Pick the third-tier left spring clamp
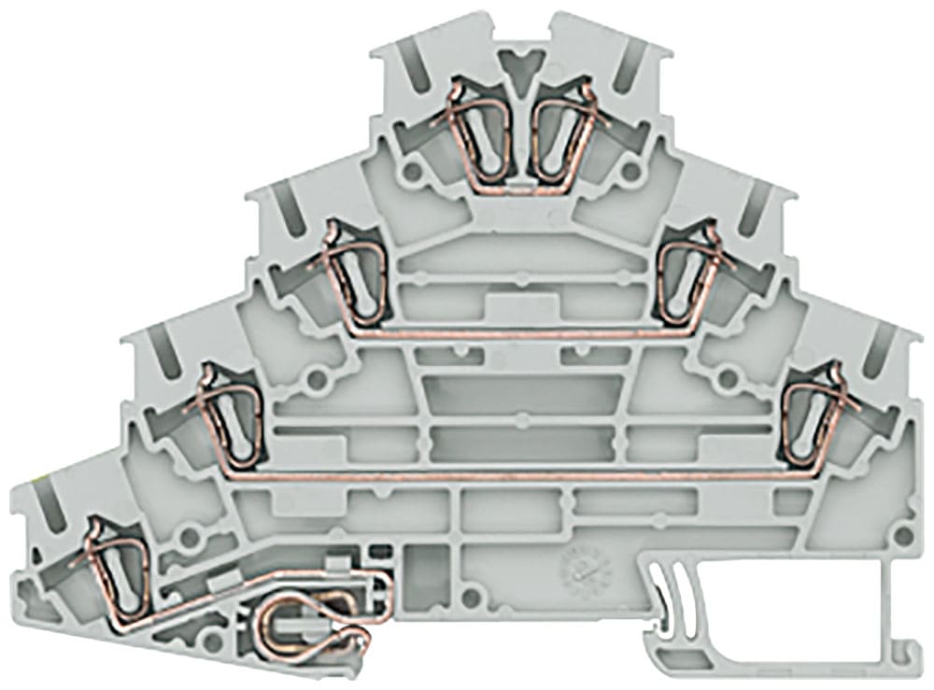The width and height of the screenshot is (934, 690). point(223,415)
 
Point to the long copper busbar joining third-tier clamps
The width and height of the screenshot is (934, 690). point(514,475)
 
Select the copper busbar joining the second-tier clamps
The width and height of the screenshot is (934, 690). point(514,331)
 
